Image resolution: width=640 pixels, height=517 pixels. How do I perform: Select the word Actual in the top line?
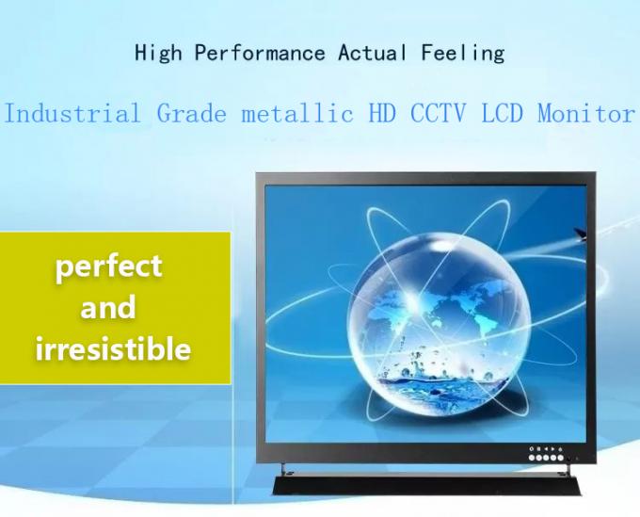click(x=373, y=53)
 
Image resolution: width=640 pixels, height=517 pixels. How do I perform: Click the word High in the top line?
click(x=158, y=53)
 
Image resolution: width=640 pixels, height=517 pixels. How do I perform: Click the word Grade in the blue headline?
click(x=192, y=114)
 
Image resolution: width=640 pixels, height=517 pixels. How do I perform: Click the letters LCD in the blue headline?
click(x=503, y=114)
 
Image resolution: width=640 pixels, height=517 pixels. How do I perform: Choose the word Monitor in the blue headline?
click(x=585, y=114)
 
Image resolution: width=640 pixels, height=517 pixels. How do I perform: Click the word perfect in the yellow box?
click(x=109, y=267)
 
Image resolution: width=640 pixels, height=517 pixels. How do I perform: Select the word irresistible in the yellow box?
click(x=113, y=349)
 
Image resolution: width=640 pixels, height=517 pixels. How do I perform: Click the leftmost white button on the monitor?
click(x=532, y=457)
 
